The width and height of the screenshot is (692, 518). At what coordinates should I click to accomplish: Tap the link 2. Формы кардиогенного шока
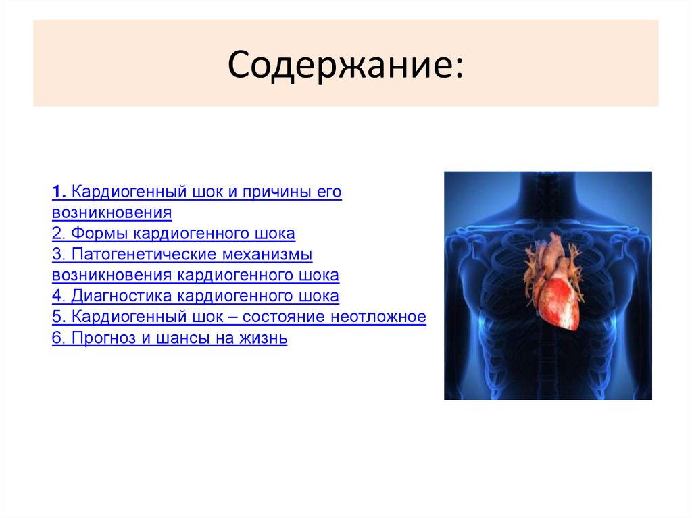(x=174, y=234)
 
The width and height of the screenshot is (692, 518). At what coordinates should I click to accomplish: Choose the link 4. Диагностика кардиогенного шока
(x=195, y=296)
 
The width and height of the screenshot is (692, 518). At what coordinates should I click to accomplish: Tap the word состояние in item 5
(x=283, y=317)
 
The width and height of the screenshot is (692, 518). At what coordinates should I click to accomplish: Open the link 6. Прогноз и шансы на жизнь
(x=170, y=338)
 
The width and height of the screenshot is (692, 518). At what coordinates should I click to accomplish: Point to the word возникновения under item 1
(x=112, y=213)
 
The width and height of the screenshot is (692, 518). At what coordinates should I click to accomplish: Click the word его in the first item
(x=328, y=192)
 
